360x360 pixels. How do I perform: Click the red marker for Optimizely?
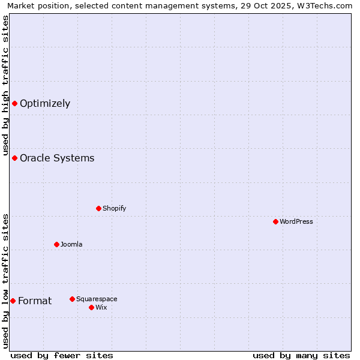14,103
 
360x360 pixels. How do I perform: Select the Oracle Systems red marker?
14,158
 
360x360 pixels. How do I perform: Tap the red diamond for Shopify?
98,208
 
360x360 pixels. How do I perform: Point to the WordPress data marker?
275,221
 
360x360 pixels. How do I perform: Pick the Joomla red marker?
56,244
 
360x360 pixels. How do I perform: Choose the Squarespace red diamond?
72,299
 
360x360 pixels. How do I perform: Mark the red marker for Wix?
91,307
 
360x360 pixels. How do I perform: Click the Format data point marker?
13,301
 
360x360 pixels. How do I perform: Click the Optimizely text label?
45,103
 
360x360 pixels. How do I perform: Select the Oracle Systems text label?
57,158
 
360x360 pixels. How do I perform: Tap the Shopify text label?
114,208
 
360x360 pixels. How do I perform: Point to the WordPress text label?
296,221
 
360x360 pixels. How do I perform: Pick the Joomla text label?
71,244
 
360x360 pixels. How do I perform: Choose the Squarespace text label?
97,299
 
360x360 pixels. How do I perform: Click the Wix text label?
101,307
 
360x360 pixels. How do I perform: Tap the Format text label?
35,301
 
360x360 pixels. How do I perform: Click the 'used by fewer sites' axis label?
62,355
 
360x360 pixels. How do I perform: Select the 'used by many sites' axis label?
301,355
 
